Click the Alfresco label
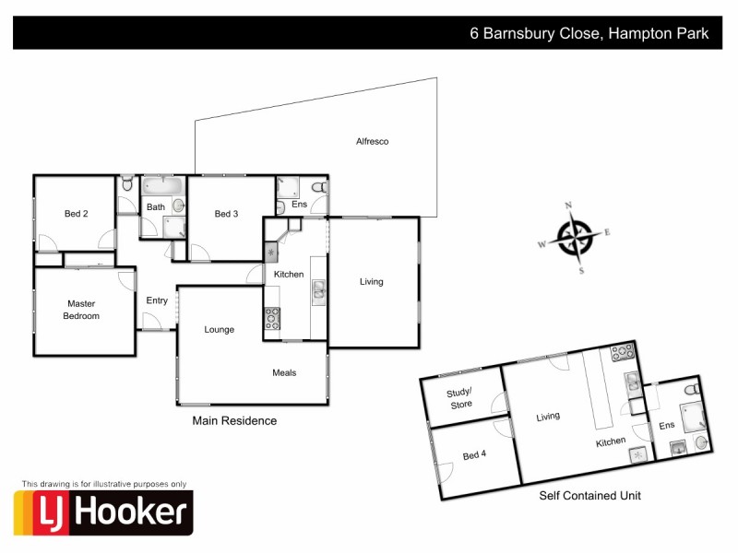coord(373,141)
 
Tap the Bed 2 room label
coord(76,214)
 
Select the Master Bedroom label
coord(81,310)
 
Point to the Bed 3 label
coord(226,214)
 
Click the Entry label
coord(157,300)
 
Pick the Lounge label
coord(220,329)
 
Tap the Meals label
coord(284,372)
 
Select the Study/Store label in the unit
coord(460,398)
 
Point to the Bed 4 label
coord(474,453)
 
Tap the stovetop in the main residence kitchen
coord(273,318)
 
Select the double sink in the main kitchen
coord(317,291)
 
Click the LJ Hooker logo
coord(103,512)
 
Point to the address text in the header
coord(589,34)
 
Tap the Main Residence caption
coord(234,420)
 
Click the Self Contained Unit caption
coord(589,496)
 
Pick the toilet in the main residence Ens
coord(318,187)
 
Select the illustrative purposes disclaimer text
coord(103,483)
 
